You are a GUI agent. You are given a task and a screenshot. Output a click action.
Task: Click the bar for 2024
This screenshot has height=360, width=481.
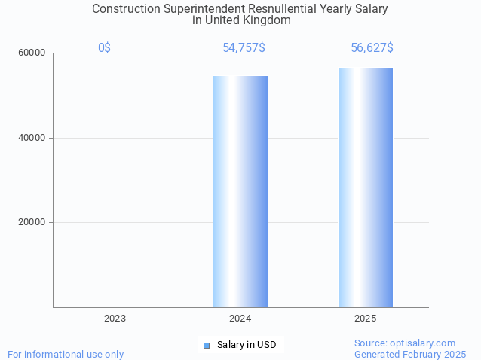(x=240, y=191)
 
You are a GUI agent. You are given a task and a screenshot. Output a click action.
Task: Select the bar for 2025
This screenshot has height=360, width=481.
(x=366, y=188)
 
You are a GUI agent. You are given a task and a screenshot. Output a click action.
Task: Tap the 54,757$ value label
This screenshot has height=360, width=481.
(x=244, y=47)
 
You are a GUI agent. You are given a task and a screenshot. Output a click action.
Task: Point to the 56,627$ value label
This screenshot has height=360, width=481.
(x=372, y=47)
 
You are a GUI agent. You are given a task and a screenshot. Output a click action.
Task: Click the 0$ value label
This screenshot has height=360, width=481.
(x=104, y=47)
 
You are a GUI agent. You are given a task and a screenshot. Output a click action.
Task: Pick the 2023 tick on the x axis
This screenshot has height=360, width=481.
(x=115, y=319)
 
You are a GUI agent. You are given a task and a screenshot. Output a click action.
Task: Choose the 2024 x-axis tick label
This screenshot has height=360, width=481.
(x=240, y=319)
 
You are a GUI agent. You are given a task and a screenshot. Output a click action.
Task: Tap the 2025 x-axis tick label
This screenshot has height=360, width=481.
(x=366, y=319)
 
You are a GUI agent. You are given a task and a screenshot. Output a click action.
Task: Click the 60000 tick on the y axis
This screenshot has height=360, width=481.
(x=32, y=53)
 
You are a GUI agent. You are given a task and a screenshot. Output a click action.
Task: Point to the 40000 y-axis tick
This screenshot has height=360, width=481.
(x=32, y=138)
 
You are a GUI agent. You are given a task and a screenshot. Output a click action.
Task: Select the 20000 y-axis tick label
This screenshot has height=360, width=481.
(x=32, y=222)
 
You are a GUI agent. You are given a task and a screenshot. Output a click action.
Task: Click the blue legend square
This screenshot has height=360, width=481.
(x=206, y=345)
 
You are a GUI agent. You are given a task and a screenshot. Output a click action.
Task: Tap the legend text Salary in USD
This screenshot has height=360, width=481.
(x=247, y=345)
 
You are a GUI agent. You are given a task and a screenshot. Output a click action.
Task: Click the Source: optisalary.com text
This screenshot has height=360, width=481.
(x=405, y=343)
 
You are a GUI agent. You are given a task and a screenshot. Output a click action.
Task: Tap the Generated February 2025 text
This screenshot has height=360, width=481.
(x=410, y=354)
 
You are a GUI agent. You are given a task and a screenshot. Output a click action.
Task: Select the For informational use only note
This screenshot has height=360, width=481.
(x=66, y=354)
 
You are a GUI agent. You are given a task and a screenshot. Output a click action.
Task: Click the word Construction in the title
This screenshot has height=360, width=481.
(x=126, y=9)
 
